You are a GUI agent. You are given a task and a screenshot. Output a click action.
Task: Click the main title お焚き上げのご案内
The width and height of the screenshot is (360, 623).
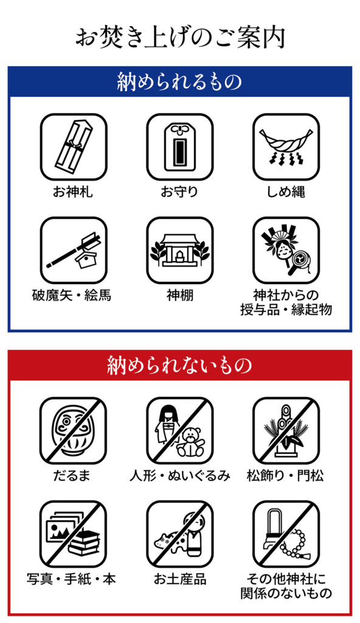tap(180, 38)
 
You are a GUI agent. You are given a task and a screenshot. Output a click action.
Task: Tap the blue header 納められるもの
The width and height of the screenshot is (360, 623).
tap(179, 82)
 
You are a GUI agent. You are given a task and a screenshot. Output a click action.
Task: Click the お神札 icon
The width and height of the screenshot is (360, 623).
tap(74, 147)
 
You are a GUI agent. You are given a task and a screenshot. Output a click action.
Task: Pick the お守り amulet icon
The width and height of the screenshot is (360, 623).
tap(180, 147)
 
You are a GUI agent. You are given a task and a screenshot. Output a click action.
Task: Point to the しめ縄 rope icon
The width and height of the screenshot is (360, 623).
tap(286, 147)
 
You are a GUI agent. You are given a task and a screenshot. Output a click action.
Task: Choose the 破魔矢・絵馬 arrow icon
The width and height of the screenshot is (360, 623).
tap(74, 250)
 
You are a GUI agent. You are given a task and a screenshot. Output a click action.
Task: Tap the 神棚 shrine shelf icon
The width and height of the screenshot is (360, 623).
tap(180, 250)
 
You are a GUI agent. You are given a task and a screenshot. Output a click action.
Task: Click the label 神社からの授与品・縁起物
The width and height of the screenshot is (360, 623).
tap(286, 302)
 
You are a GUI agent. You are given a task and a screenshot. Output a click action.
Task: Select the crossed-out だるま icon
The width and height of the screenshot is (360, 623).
tap(74, 431)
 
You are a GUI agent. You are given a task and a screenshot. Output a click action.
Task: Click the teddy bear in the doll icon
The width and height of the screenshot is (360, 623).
tap(190, 442)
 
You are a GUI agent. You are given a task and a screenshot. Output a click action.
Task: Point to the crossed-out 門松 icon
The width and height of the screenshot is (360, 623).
tap(286, 431)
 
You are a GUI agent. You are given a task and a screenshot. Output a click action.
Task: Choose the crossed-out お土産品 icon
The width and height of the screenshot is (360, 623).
tap(180, 534)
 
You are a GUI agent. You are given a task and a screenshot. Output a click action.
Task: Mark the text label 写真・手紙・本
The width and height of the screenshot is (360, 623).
tap(72, 579)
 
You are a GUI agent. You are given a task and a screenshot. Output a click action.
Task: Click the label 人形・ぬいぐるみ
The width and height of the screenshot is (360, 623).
tap(180, 476)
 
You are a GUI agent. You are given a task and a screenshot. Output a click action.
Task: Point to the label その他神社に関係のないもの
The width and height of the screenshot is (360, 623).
tap(286, 586)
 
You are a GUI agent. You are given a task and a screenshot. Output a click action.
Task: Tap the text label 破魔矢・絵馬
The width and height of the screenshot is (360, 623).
tap(72, 295)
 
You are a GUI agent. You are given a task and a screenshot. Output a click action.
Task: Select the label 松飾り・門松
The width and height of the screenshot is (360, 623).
tap(285, 476)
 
